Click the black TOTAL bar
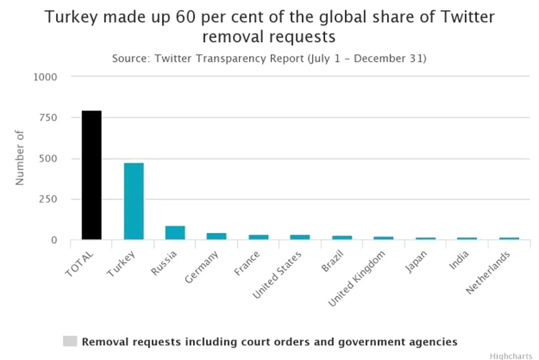[x=91, y=175]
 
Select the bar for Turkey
[x=134, y=201]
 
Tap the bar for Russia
[x=175, y=233]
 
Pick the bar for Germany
[x=216, y=236]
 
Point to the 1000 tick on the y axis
[x=45, y=77]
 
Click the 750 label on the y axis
[x=48, y=118]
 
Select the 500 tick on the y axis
[x=48, y=158]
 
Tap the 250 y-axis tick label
[x=48, y=199]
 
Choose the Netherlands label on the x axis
[x=488, y=273]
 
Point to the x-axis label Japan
[x=416, y=262]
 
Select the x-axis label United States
[x=277, y=275]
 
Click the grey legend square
[x=70, y=341]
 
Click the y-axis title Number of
[x=20, y=158]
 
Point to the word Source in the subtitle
[x=128, y=58]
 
